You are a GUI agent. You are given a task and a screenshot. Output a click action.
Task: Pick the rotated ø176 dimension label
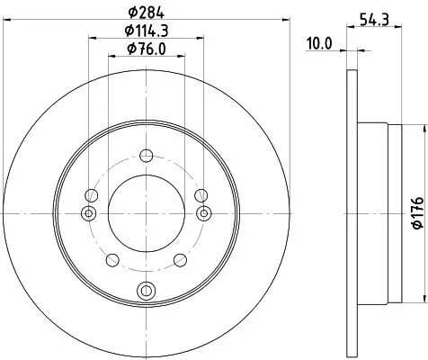(x=415, y=212)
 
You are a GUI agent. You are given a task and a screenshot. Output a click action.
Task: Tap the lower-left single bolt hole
(x=111, y=260)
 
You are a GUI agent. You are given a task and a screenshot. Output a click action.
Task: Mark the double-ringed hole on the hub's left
(x=88, y=212)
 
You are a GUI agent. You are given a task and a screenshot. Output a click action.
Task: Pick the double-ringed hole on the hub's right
(x=204, y=212)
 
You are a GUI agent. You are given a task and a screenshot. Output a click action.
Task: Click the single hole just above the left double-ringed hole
(x=89, y=193)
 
